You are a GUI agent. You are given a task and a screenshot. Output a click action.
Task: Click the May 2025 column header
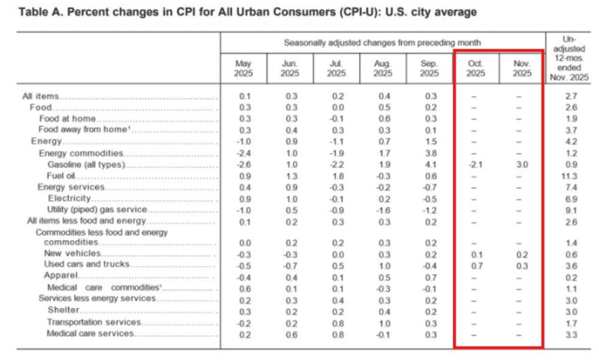(x=244, y=69)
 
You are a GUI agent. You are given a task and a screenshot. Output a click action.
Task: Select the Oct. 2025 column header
(x=476, y=69)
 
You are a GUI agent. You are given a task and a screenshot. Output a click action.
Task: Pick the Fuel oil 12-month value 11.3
(x=571, y=176)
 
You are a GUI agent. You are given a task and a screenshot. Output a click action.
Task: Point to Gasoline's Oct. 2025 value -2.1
(x=476, y=164)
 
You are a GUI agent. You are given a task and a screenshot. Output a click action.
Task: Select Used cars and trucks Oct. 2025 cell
(x=476, y=265)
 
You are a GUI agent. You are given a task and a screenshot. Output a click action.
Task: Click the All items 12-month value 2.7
(x=571, y=96)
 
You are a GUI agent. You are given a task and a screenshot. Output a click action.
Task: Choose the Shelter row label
(x=63, y=310)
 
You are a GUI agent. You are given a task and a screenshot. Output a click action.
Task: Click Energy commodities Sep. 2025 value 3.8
(x=429, y=153)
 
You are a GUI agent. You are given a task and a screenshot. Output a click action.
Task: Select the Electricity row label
(x=69, y=198)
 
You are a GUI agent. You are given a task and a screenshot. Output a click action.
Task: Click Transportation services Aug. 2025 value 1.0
(x=383, y=322)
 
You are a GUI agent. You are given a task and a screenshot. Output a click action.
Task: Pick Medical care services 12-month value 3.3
(x=571, y=333)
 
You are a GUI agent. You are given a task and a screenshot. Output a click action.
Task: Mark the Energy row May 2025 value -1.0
(x=244, y=141)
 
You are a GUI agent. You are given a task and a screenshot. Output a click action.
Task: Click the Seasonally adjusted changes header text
(x=382, y=43)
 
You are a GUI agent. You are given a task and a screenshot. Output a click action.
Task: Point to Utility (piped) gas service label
(x=96, y=209)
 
